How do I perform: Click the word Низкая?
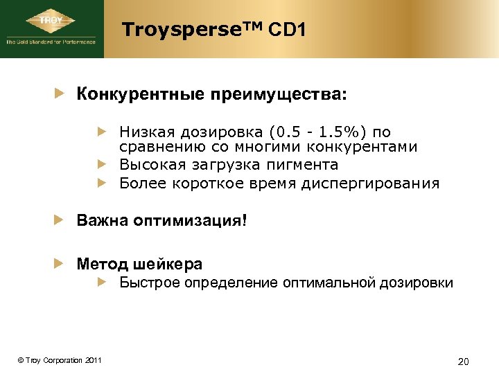pos(145,132)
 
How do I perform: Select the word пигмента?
pos(303,165)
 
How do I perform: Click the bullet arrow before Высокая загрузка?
pos(102,165)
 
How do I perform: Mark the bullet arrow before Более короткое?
pos(102,183)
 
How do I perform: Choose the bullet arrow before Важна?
pos(61,222)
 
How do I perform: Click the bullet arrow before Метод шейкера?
pos(61,264)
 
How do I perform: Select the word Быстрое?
pos(147,283)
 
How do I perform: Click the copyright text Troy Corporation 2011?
pos(60,360)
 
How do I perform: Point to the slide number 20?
pos(464,361)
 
